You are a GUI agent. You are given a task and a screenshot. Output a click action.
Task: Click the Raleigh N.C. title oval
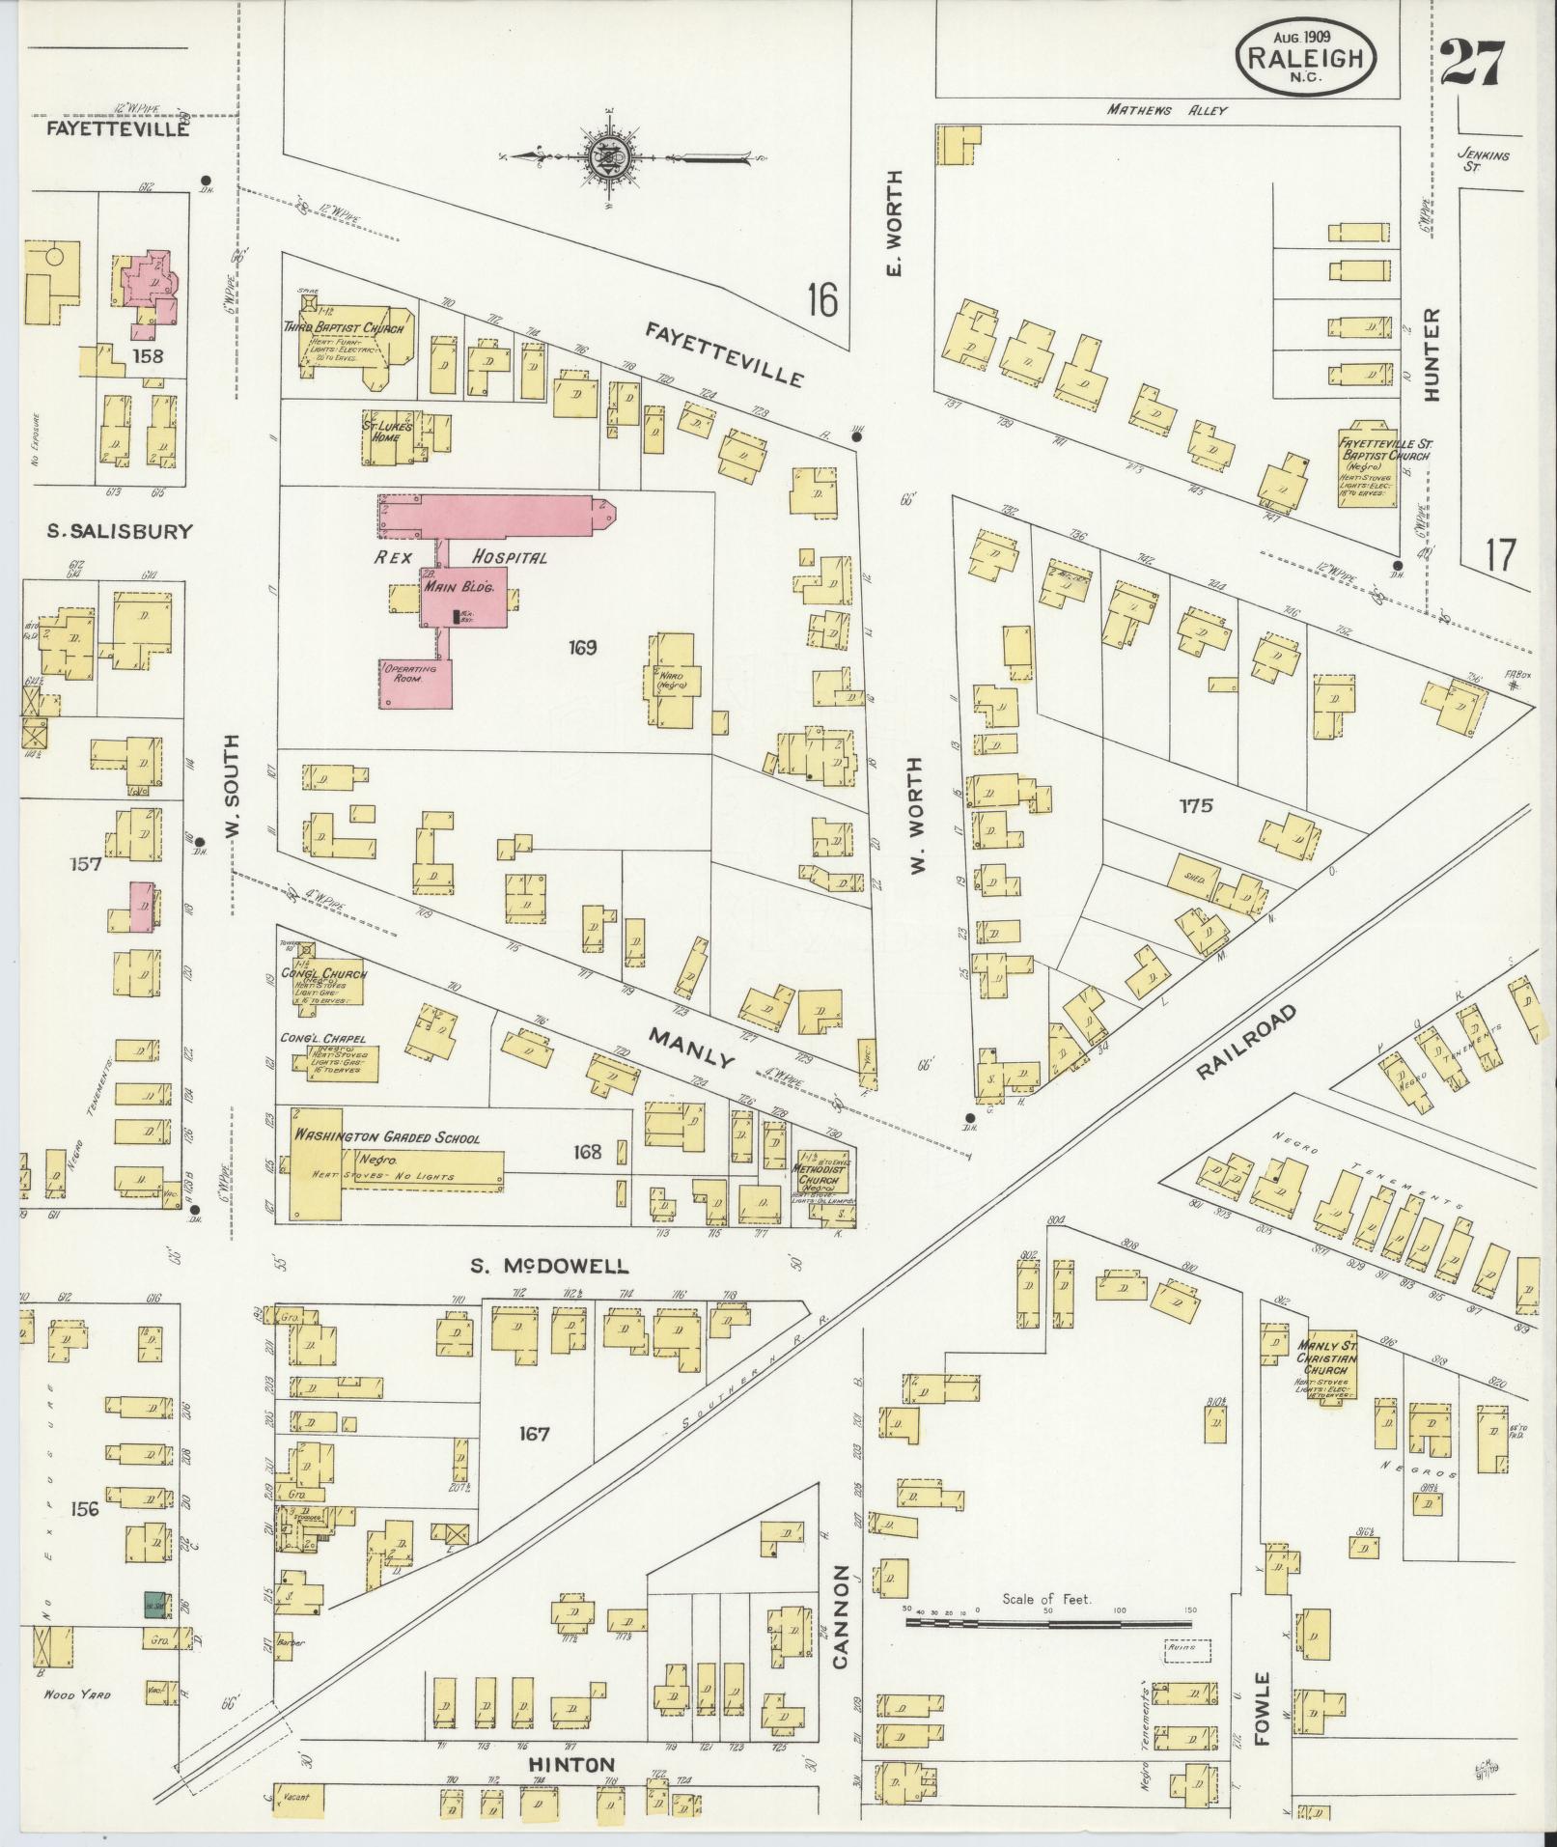(1305, 57)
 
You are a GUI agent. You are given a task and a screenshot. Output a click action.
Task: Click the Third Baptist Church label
(343, 328)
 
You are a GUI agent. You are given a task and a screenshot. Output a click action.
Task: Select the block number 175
(1193, 805)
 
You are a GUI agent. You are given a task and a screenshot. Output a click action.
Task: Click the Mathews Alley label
(1165, 111)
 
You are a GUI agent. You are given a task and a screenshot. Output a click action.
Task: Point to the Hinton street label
(570, 1764)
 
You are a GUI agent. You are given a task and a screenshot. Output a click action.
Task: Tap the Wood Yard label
(76, 1693)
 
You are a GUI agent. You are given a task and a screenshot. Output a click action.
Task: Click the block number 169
(583, 647)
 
